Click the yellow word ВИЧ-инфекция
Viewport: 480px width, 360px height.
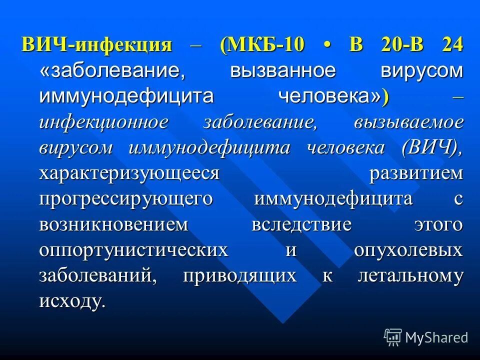click(97, 45)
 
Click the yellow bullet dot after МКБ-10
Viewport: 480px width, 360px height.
click(327, 45)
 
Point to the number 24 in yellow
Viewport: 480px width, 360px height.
click(452, 45)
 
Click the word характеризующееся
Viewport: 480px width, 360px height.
click(129, 173)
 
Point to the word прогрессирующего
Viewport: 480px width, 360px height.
click(126, 199)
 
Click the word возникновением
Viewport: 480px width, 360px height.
click(114, 224)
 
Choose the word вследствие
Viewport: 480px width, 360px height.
click(301, 224)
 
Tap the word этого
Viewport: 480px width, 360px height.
click(438, 224)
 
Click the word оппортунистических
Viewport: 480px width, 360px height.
click(133, 250)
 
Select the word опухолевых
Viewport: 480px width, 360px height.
click(408, 250)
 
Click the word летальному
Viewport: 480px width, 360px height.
click(410, 276)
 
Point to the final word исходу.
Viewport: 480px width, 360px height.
click(72, 301)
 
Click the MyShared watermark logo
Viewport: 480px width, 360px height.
click(426, 337)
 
